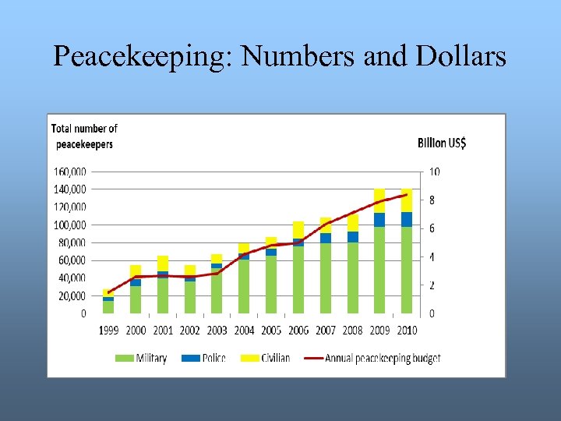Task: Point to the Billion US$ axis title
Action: (442, 143)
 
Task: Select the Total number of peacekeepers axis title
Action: (84, 136)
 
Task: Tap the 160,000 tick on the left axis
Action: (70, 172)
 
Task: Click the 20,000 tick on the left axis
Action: (72, 296)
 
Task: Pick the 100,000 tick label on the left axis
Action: (70, 225)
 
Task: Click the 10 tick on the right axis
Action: (434, 172)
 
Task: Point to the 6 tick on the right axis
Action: (432, 228)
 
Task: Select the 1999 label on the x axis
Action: (109, 331)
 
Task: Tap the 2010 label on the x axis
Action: (407, 331)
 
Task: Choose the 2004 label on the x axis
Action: (244, 331)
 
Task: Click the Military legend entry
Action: (142, 359)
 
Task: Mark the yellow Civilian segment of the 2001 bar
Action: (163, 263)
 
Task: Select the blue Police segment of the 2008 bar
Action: (353, 237)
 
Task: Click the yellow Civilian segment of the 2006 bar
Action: (298, 229)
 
